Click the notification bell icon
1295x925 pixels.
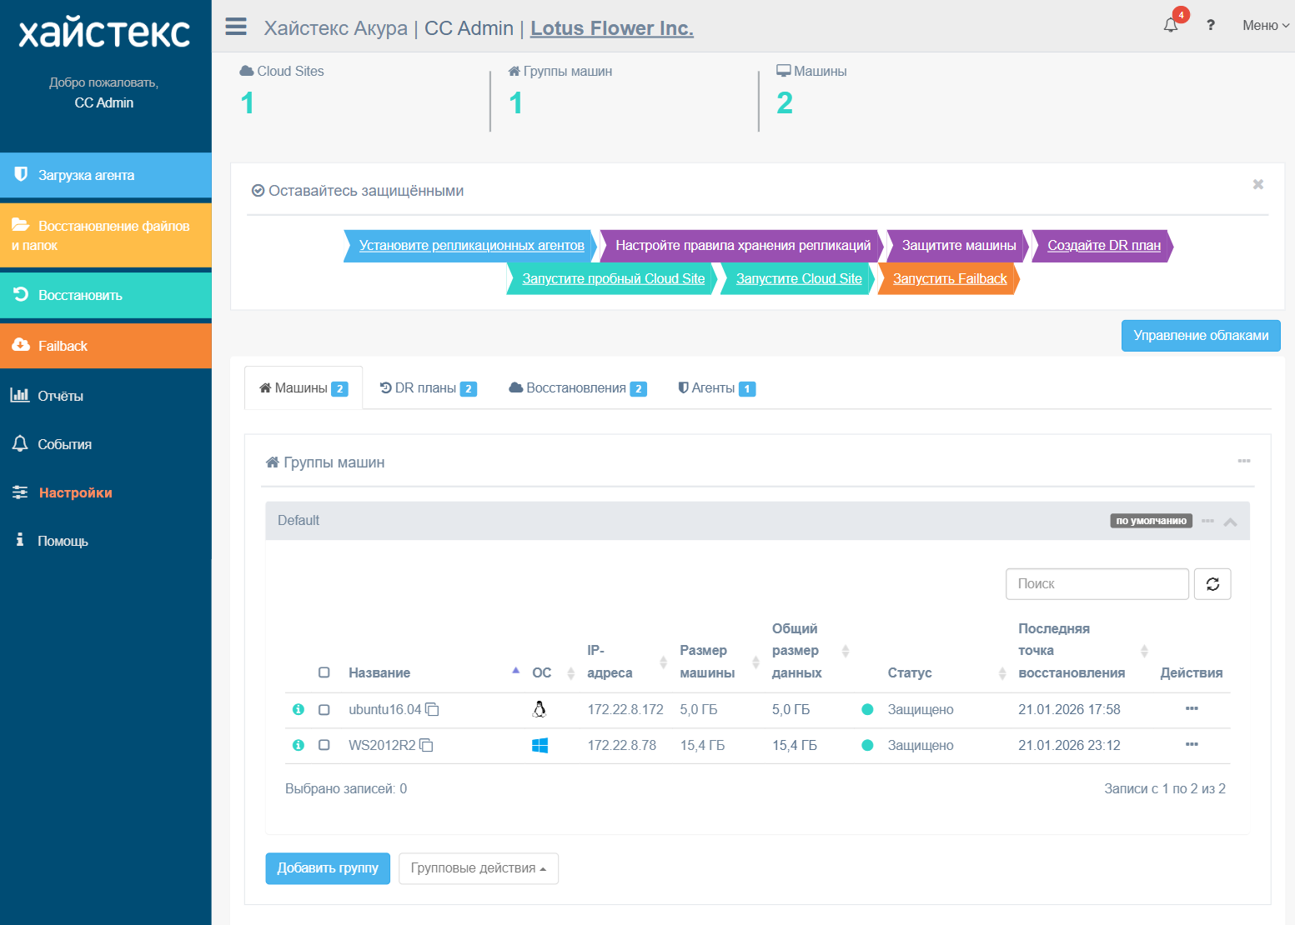pos(1171,26)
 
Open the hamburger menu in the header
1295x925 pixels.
pos(236,27)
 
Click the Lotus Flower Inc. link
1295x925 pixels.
pos(612,27)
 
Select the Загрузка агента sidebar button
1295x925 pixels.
pos(106,175)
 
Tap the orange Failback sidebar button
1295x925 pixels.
pos(106,346)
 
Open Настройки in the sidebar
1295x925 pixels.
pos(75,492)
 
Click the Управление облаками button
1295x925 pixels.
pos(1201,336)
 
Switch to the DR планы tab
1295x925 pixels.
pos(429,388)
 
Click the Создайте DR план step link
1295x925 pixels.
pos(1104,246)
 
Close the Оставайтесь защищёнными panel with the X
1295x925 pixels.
pos(1258,184)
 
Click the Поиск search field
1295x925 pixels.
pos(1097,584)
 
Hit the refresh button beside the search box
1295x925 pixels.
pos(1212,584)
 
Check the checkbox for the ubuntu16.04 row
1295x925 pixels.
pos(324,709)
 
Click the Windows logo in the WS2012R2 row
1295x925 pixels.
pos(540,745)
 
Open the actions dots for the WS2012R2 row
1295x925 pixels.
pos(1192,744)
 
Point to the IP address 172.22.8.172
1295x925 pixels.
pos(625,709)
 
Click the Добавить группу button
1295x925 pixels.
pos(328,868)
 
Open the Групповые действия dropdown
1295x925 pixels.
pos(478,868)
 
